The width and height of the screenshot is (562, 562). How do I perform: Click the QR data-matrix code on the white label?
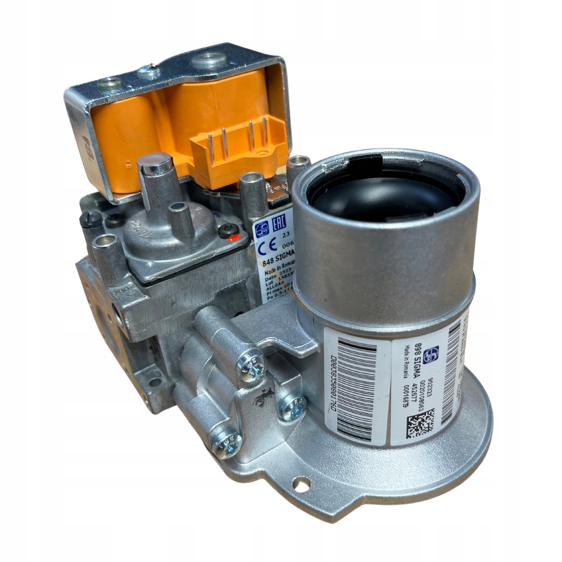coord(420,421)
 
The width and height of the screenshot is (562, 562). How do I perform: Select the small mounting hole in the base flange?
coord(301,483)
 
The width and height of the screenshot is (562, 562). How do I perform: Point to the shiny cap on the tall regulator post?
coord(155,164)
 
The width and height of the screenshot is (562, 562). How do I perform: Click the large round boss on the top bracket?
coord(209,60)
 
